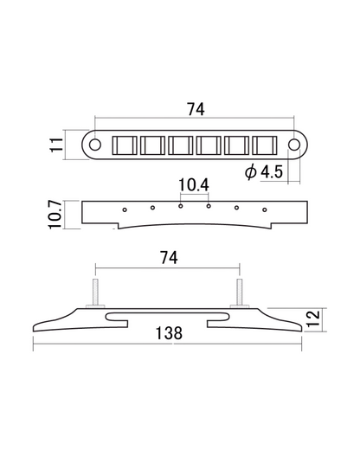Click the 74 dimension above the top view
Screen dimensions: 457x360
click(196, 111)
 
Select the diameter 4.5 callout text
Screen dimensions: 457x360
click(264, 171)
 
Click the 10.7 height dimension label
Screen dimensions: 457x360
click(54, 213)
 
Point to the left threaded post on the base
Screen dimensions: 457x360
click(94, 290)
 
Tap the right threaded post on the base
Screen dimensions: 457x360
click(238, 290)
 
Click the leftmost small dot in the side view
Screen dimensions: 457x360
click(125, 209)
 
